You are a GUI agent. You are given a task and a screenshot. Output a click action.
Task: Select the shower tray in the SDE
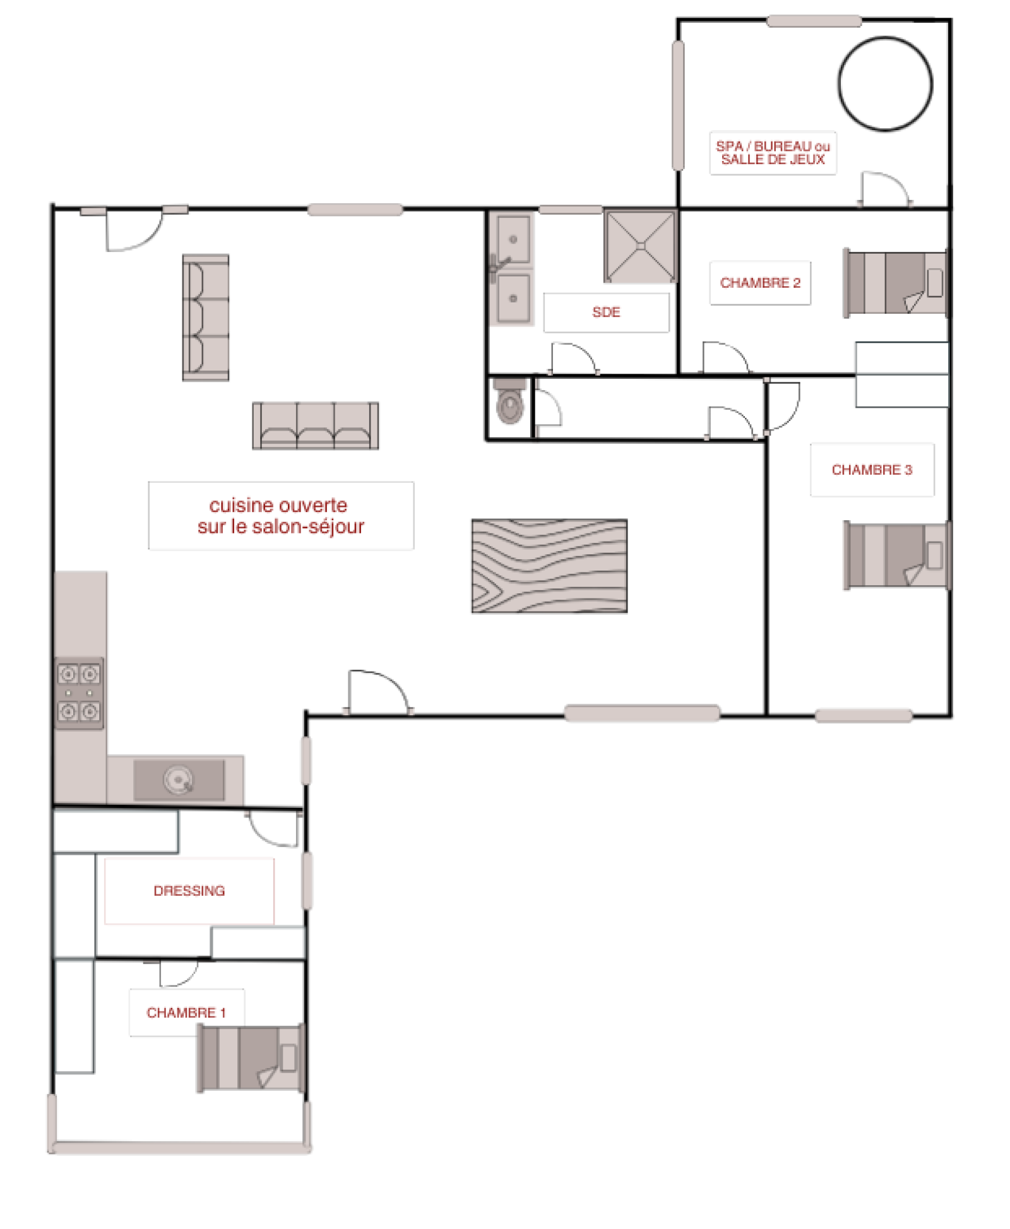pyautogui.click(x=639, y=246)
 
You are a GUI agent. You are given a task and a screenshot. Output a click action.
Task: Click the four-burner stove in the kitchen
pyautogui.click(x=79, y=692)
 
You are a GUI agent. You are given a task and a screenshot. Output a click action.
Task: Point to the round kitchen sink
pyautogui.click(x=178, y=780)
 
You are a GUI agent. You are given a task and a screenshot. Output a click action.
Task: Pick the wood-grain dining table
pyautogui.click(x=549, y=566)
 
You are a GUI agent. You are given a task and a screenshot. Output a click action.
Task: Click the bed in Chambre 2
pyautogui.click(x=896, y=283)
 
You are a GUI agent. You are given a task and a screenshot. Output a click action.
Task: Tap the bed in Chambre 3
pyautogui.click(x=897, y=555)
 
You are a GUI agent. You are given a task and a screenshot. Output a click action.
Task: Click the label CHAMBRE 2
pyautogui.click(x=760, y=283)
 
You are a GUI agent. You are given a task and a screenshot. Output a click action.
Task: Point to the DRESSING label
pyautogui.click(x=189, y=891)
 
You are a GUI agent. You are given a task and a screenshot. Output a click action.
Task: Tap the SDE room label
pyautogui.click(x=606, y=312)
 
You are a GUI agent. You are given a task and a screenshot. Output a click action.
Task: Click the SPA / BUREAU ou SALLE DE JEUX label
pyautogui.click(x=773, y=153)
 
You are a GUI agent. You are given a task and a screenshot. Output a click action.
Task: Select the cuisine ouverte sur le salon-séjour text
pyautogui.click(x=281, y=516)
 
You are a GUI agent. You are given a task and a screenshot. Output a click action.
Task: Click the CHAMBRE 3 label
pyautogui.click(x=872, y=470)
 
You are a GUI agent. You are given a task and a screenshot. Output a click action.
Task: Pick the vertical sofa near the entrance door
pyautogui.click(x=206, y=318)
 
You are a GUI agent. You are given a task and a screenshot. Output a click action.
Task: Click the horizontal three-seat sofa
pyautogui.click(x=316, y=425)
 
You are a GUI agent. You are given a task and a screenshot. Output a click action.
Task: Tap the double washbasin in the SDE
pyautogui.click(x=513, y=269)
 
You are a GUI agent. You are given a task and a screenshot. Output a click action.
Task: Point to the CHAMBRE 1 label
pyautogui.click(x=186, y=1012)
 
